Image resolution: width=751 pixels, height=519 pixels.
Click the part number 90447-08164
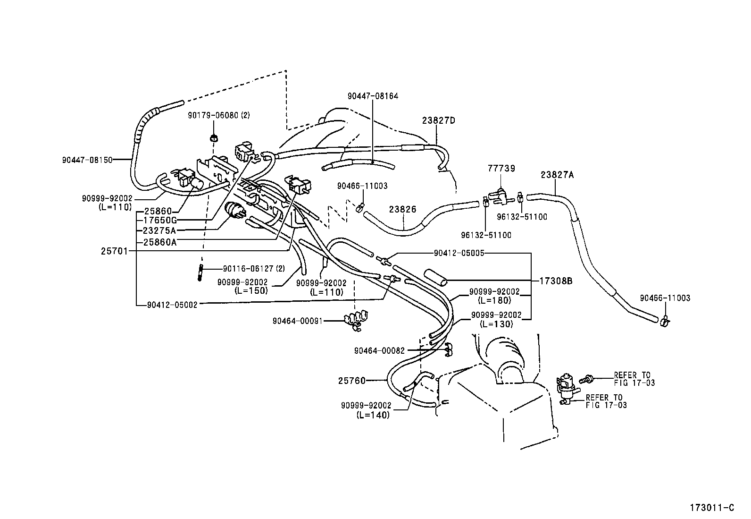(373, 96)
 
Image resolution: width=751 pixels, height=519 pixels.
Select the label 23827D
(438, 120)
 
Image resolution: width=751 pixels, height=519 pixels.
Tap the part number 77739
(501, 168)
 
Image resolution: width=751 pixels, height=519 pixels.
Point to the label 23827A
(557, 175)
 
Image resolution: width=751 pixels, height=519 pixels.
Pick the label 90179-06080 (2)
(218, 115)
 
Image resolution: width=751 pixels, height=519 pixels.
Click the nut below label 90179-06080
(213, 138)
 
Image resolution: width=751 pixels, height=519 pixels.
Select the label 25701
(114, 252)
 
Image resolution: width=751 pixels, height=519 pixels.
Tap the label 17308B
(556, 281)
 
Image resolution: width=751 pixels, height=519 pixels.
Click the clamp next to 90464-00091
(357, 320)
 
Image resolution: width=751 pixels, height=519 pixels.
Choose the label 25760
(352, 380)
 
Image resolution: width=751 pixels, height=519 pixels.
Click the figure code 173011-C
(712, 508)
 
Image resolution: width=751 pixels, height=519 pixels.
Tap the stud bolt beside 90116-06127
(201, 273)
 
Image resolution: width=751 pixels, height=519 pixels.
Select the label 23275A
(159, 230)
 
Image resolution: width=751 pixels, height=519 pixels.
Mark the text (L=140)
(373, 415)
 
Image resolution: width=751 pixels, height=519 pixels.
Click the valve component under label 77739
(500, 195)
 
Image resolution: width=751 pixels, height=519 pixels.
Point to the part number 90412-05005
(459, 253)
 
